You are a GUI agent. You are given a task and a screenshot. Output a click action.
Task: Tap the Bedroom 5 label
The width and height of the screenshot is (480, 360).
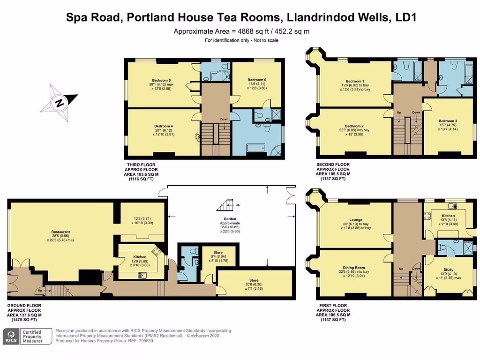pos(161,80)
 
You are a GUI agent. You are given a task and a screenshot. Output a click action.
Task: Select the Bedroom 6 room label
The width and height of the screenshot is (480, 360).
pos(257,80)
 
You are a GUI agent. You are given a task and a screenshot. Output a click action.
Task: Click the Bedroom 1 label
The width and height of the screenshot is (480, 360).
pos(354,81)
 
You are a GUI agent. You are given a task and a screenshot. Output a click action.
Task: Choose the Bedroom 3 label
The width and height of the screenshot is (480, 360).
pos(448,121)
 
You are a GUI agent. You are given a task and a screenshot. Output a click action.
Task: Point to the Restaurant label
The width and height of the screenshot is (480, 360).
pos(61,232)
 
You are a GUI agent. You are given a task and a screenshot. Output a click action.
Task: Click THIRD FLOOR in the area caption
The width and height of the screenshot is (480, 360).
pos(139,165)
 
